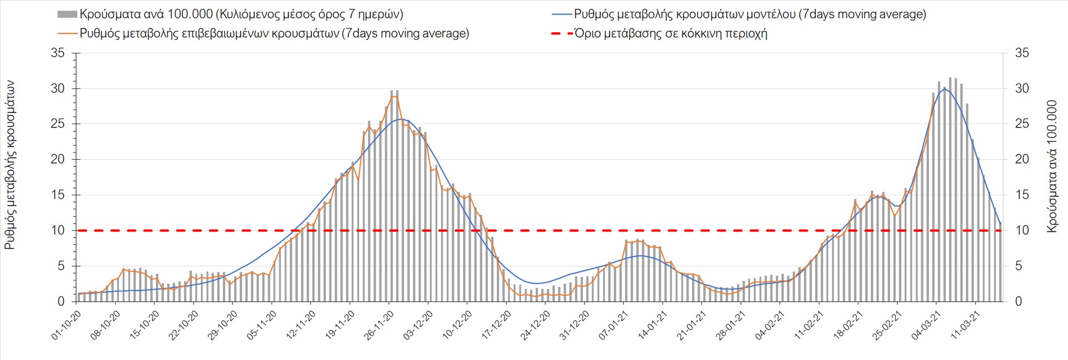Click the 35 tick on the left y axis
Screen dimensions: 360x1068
(x=57, y=53)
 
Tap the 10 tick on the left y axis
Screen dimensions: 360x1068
(x=57, y=230)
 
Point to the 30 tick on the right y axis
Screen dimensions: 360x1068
(x=1022, y=88)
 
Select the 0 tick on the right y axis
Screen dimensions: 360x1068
(x=1018, y=302)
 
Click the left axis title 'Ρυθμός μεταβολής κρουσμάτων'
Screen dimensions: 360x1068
(x=10, y=165)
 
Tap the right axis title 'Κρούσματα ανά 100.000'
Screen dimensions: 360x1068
(x=1051, y=166)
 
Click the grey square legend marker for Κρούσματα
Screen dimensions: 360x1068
(x=67, y=14)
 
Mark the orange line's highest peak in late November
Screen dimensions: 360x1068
(x=394, y=96)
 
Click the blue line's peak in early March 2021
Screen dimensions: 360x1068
(x=945, y=88)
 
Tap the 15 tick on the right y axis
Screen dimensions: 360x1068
(x=1022, y=195)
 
